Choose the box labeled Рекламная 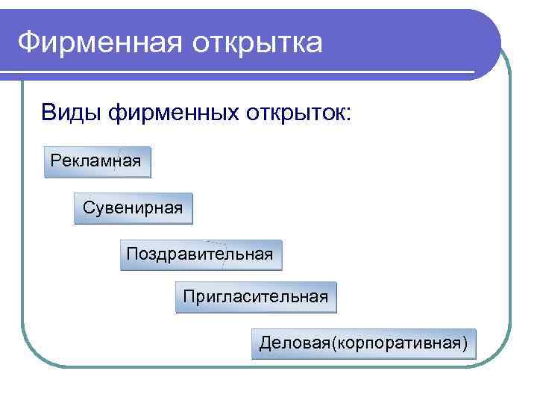[x=97, y=161]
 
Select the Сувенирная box [x=133, y=208]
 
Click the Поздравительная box [x=201, y=254]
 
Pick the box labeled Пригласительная [x=256, y=297]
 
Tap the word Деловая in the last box [x=294, y=343]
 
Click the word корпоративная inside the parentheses [x=399, y=343]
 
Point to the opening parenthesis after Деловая [x=333, y=343]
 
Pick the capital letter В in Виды [x=48, y=113]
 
